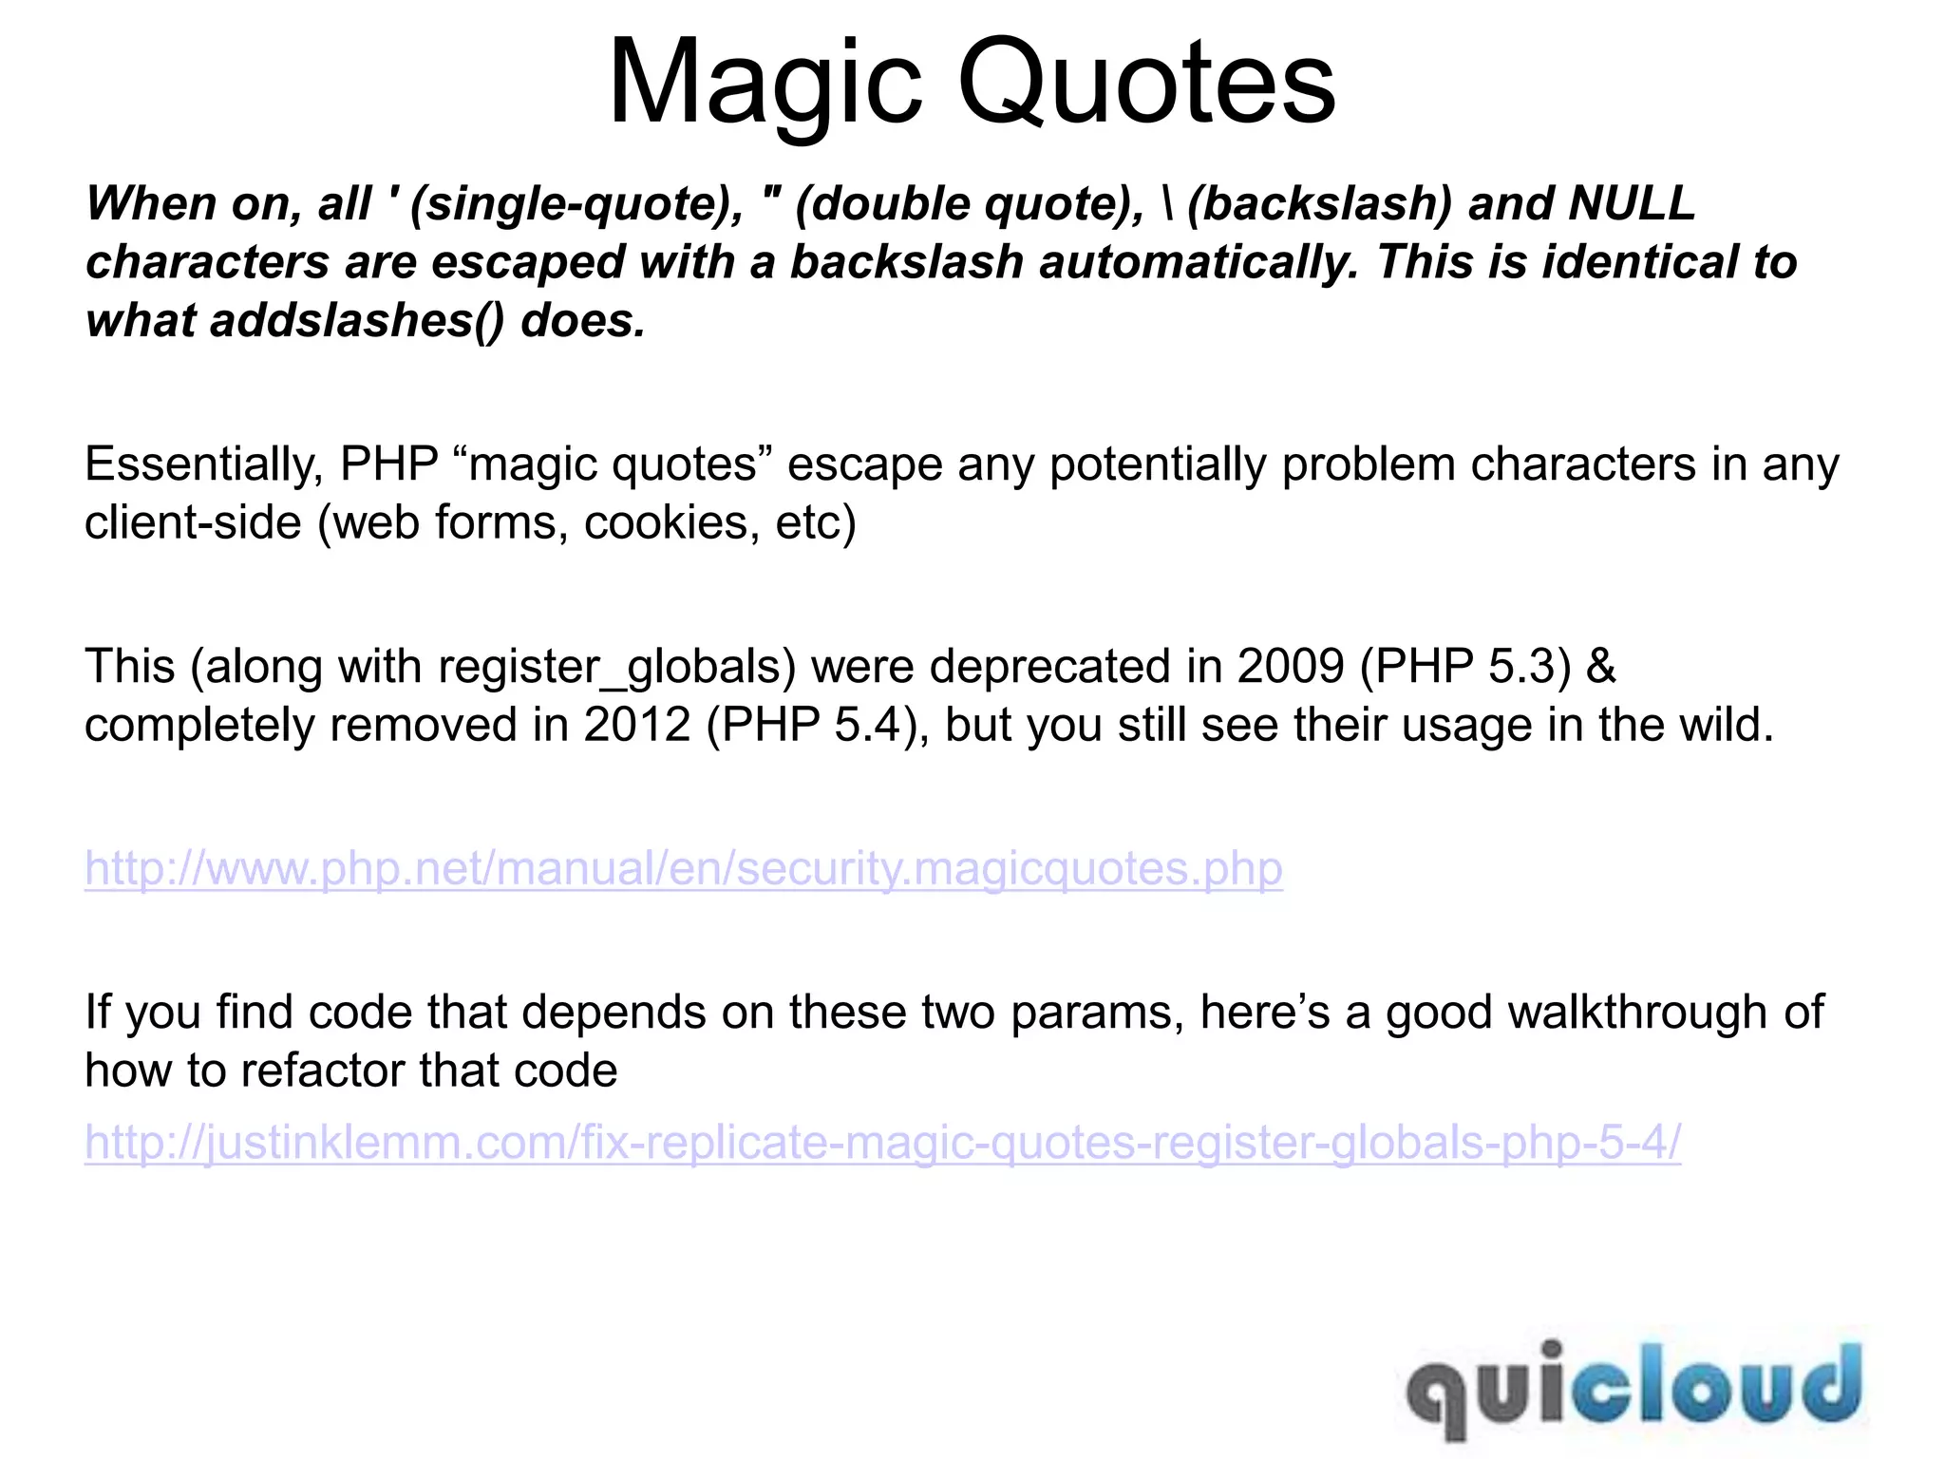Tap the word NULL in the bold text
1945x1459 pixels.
[1632, 203]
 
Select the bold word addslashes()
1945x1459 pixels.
[358, 320]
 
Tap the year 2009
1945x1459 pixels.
[1291, 666]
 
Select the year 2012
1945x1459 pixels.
[637, 725]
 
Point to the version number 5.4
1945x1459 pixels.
[866, 725]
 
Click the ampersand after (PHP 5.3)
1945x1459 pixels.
[1601, 666]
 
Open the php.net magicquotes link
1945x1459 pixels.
[684, 868]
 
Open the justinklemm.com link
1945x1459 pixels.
[882, 1142]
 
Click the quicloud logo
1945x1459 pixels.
[1633, 1388]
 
